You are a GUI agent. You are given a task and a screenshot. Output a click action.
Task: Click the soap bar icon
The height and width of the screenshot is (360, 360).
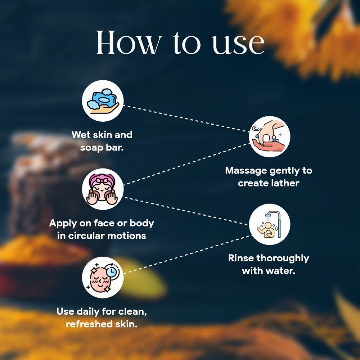tap(103, 100)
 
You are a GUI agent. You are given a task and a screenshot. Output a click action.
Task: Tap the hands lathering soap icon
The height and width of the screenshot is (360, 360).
tap(270, 136)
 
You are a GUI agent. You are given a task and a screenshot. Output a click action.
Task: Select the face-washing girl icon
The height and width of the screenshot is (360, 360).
tap(103, 189)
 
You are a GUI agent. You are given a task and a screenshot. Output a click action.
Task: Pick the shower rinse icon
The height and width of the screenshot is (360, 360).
tap(270, 224)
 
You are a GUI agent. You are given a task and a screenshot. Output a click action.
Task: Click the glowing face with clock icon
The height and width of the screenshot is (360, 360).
tap(103, 277)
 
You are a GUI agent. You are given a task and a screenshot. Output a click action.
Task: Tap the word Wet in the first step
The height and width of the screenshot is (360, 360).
tap(81, 135)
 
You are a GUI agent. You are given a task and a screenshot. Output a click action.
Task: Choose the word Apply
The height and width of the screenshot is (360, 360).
tap(63, 224)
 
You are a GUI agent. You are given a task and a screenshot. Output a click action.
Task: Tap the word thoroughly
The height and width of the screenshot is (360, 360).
tap(283, 258)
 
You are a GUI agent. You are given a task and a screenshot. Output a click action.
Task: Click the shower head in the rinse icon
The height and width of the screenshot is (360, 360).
tap(268, 216)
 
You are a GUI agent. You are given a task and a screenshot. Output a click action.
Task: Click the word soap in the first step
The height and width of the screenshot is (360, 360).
tap(91, 148)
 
